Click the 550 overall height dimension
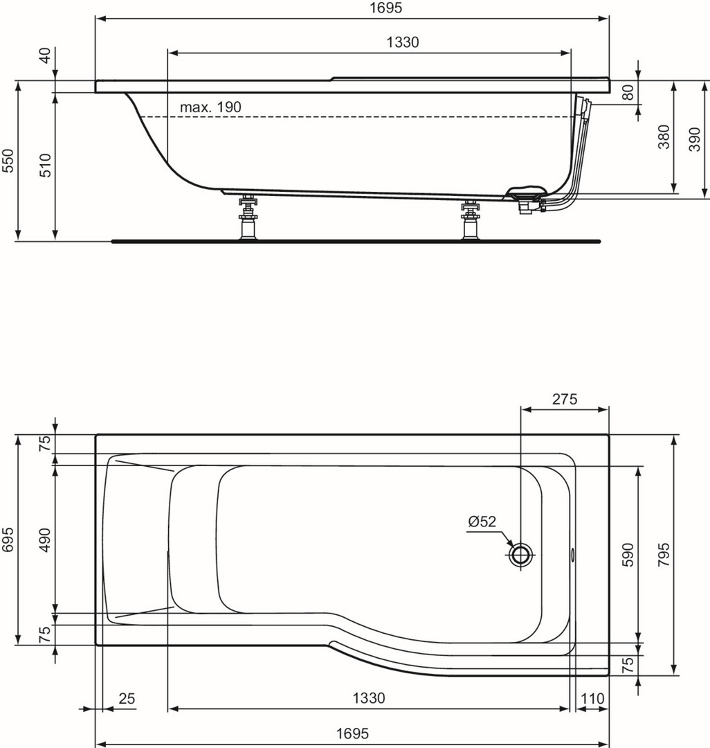point(9,161)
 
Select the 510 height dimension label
point(46,165)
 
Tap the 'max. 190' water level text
point(210,107)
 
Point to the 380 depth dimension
point(664,137)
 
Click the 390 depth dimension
point(695,139)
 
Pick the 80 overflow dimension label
point(629,93)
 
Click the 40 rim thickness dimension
point(46,56)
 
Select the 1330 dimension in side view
point(403,42)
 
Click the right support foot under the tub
point(471,220)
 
